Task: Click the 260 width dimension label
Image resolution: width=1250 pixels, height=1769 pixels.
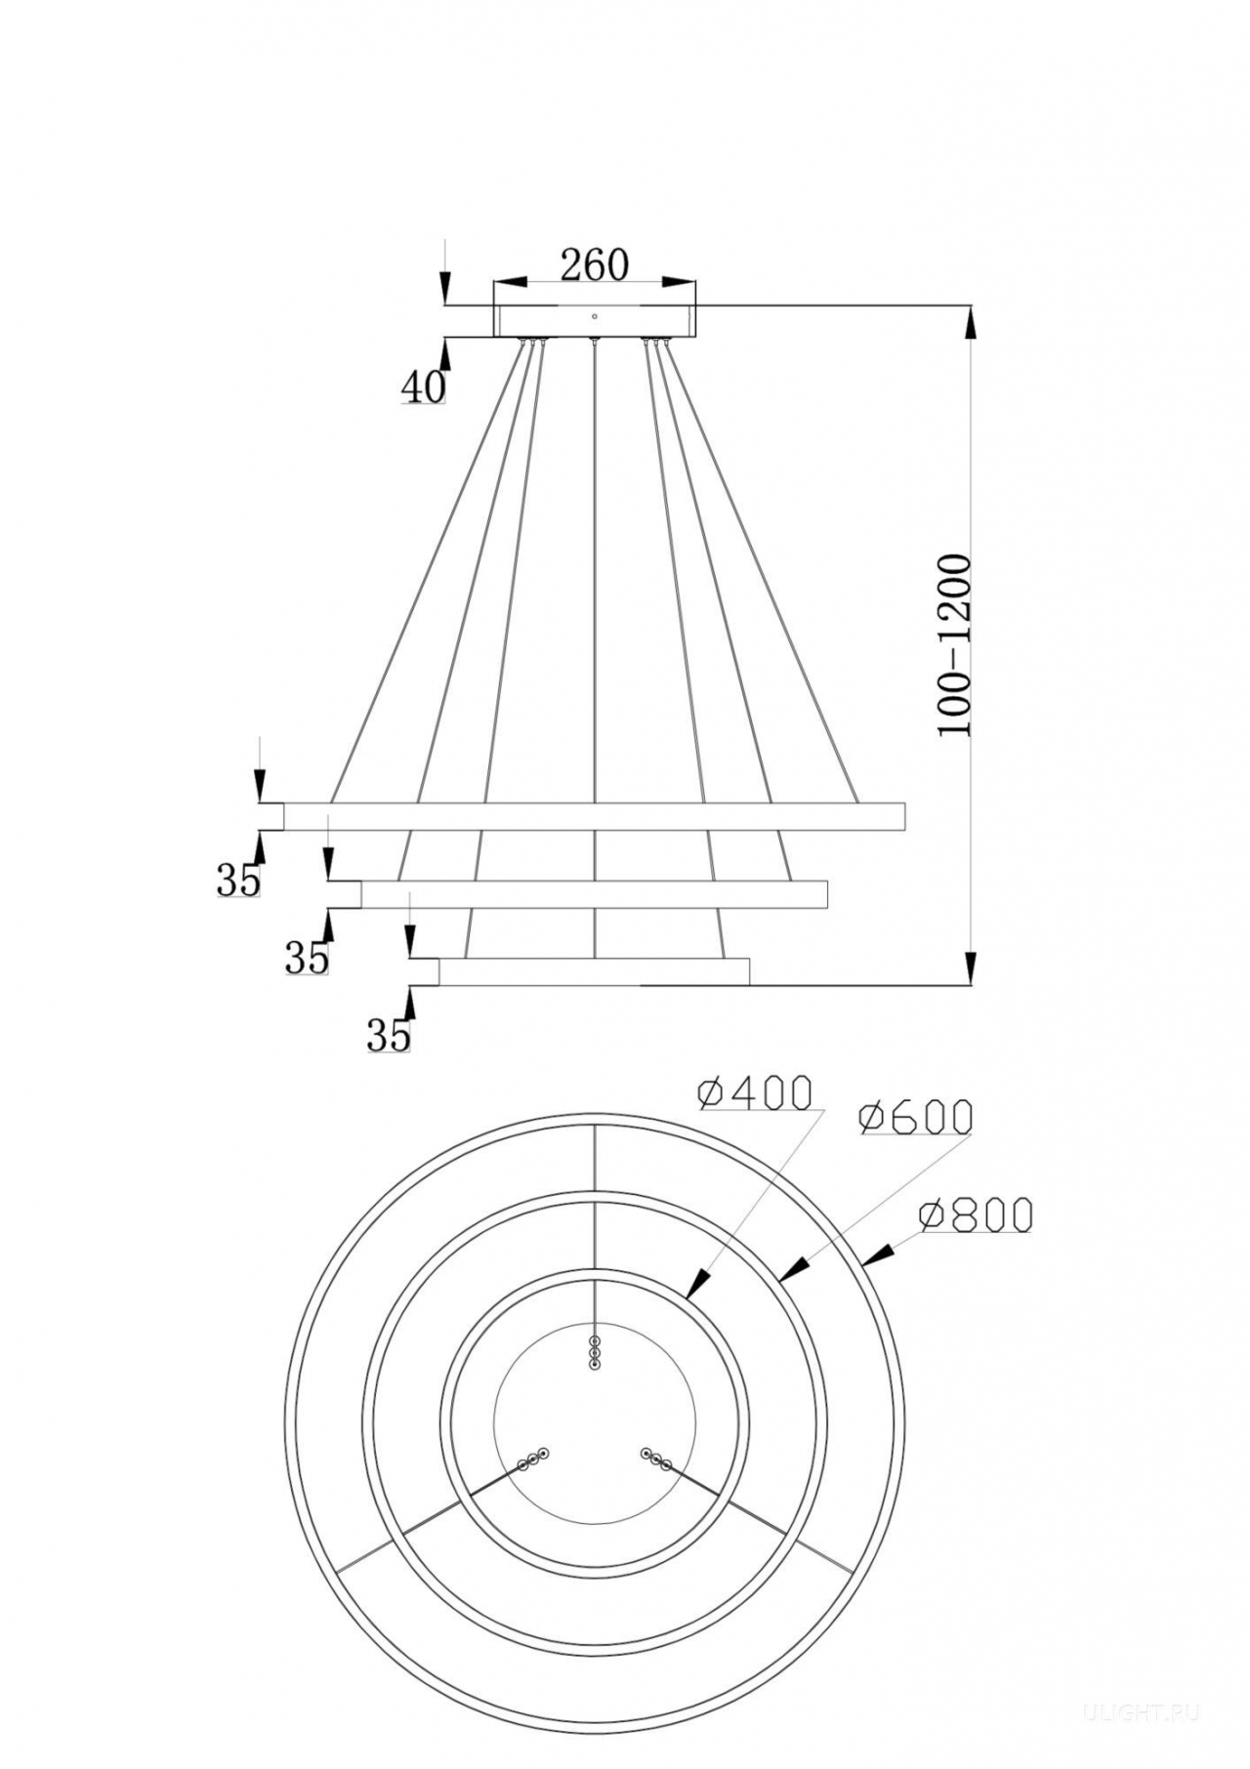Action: click(x=594, y=266)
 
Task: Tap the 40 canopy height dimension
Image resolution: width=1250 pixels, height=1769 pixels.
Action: click(x=423, y=388)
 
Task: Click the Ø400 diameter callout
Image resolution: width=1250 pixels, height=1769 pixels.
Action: click(x=755, y=1093)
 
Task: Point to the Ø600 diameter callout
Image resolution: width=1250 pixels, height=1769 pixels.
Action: click(x=915, y=1117)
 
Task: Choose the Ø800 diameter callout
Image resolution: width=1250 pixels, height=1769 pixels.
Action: click(x=975, y=1214)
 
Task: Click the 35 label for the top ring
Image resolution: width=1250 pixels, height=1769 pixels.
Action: click(x=239, y=881)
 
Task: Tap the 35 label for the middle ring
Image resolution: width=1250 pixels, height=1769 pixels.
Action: click(x=307, y=959)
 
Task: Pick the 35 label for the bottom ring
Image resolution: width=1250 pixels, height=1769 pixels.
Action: click(x=389, y=1035)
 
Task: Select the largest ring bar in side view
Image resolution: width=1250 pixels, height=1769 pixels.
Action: click(x=595, y=817)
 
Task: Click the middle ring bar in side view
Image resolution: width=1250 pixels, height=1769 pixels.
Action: click(x=595, y=894)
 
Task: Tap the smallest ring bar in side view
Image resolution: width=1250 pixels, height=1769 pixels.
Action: click(x=595, y=971)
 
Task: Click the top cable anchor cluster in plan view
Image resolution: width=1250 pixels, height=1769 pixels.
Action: click(x=595, y=1353)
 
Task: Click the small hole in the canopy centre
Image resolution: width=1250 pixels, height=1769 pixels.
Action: click(x=595, y=315)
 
